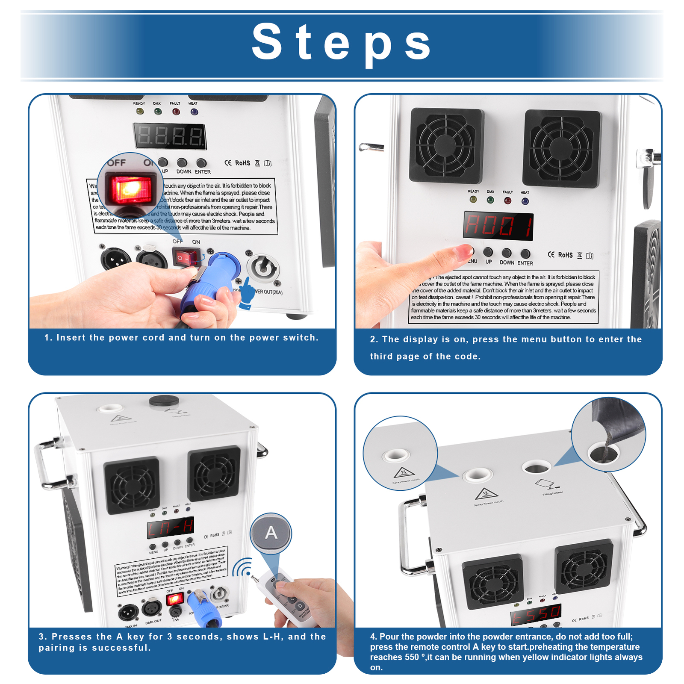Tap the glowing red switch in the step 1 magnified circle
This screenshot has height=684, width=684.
(131, 189)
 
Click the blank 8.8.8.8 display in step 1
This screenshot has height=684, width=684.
(170, 136)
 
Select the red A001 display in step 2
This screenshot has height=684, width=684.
(498, 226)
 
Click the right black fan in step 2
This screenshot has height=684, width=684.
(561, 148)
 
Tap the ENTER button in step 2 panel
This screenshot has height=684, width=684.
(525, 254)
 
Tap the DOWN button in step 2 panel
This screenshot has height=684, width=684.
(507, 253)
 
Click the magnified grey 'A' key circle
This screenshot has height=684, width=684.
(271, 533)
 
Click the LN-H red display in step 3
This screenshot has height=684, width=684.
(171, 528)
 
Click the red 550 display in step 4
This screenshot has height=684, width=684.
(536, 615)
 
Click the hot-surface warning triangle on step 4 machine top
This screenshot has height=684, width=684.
(486, 494)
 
